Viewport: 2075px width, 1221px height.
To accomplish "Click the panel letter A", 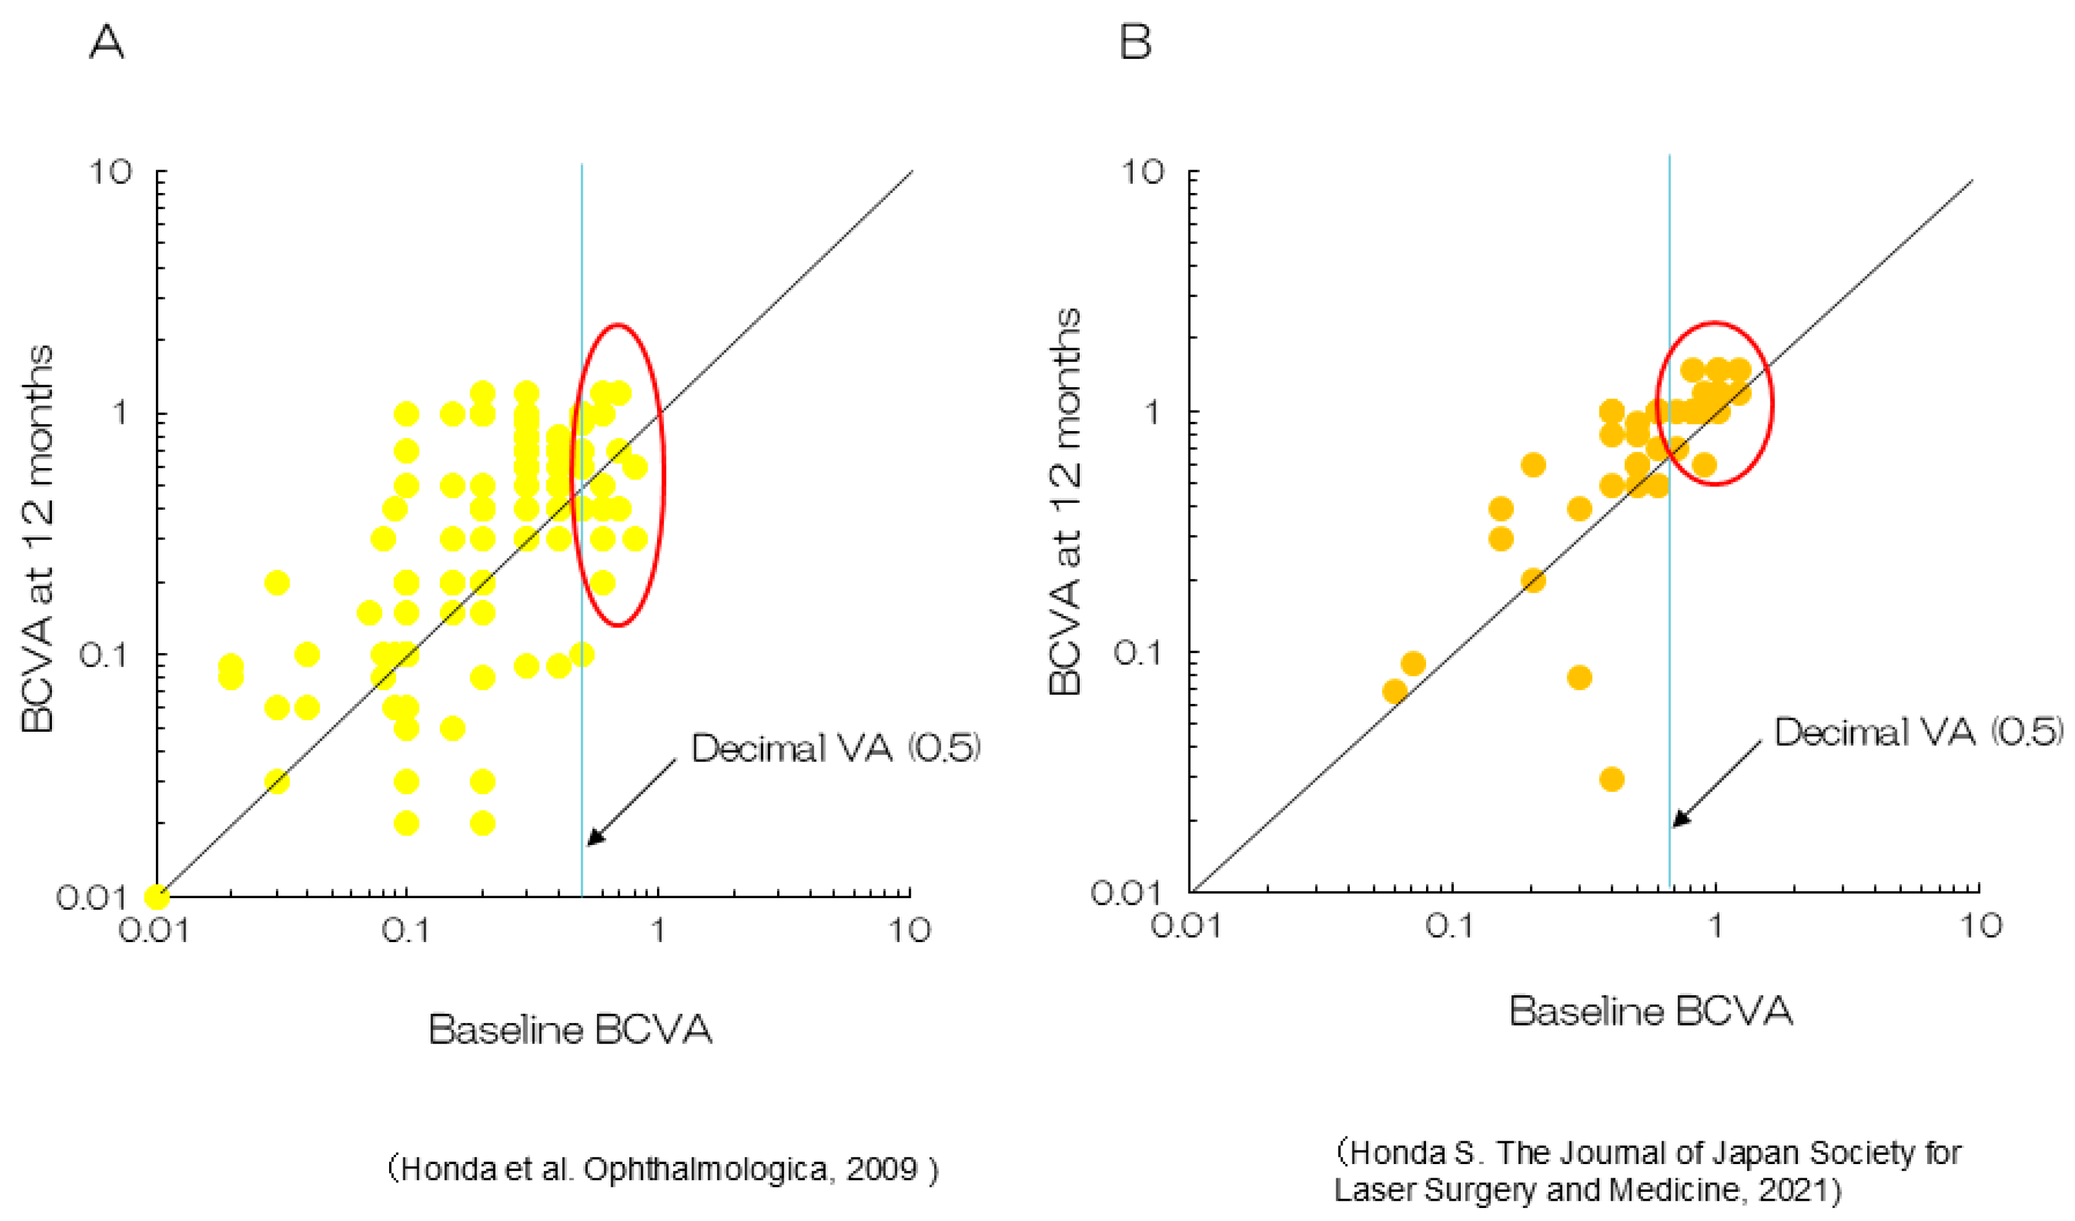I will pos(106,41).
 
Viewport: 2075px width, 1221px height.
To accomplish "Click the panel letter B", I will pos(1135,41).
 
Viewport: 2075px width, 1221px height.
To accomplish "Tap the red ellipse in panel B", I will pos(1771,403).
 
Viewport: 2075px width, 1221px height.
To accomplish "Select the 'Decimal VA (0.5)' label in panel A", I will pos(835,748).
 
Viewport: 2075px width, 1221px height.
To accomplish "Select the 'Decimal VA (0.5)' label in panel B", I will pos(1918,732).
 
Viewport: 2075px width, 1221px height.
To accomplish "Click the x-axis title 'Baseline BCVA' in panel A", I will pos(570,1030).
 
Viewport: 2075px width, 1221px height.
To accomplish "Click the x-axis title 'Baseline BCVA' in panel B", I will pos(1651,1011).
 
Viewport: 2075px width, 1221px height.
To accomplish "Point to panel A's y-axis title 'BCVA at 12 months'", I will pos(38,539).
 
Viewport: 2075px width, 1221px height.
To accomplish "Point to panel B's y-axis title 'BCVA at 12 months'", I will pos(1065,502).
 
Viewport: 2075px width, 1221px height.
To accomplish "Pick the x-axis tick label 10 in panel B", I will pos(1980,926).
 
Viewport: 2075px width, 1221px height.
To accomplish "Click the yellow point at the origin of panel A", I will pos(157,896).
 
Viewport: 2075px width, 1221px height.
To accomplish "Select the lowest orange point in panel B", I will pos(1612,779).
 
